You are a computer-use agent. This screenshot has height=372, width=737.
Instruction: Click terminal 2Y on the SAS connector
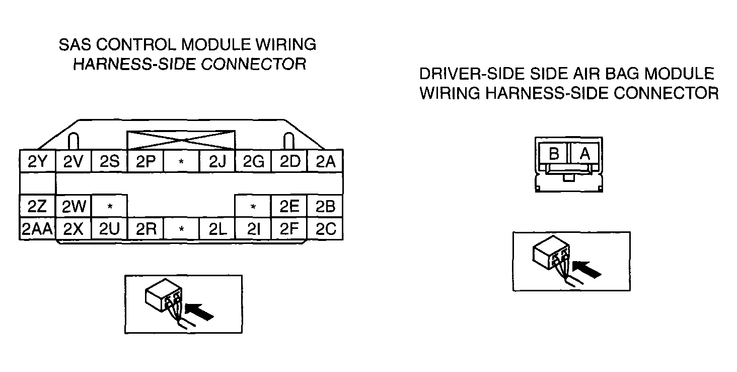[38, 161]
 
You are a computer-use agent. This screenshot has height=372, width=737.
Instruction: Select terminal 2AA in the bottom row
[37, 229]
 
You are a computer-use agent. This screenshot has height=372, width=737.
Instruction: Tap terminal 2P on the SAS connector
[145, 161]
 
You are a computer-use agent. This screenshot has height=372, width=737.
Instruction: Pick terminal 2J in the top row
[217, 161]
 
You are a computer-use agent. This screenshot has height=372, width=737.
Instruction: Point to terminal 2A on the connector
[325, 161]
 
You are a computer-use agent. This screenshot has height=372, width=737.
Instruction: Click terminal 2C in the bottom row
[325, 229]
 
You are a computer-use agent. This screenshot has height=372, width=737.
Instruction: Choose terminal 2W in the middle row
[73, 206]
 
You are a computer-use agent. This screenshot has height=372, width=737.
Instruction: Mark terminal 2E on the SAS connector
[289, 206]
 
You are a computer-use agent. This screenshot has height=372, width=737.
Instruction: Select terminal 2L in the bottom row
[217, 229]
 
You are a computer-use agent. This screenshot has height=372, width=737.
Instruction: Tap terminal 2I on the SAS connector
[253, 229]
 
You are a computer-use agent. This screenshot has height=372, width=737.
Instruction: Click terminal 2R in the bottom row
[145, 229]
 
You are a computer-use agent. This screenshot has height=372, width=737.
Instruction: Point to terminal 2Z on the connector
[37, 206]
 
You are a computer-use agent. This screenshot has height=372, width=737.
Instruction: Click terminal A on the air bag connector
[584, 153]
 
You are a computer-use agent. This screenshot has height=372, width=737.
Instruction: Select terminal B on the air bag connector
[554, 153]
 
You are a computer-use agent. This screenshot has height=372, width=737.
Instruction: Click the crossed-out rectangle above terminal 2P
[181, 140]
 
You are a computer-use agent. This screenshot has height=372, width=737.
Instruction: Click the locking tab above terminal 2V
[73, 141]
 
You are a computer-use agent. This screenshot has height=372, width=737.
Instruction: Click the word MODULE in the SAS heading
[216, 44]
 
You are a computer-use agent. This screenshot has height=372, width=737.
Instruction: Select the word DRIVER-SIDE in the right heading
[472, 74]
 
